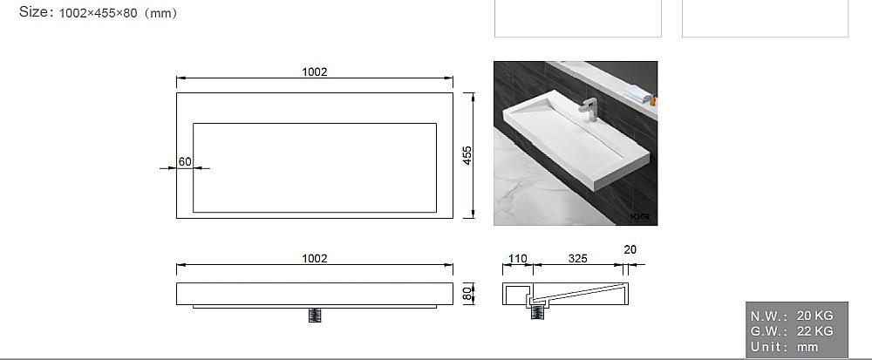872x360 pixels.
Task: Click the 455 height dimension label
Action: coord(467,155)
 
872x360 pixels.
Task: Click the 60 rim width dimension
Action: coord(185,161)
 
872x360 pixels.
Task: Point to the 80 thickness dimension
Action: coord(467,294)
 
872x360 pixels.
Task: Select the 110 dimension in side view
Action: coord(517,259)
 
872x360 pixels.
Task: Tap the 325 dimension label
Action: coord(578,259)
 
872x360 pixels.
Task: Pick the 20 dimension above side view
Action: coord(630,250)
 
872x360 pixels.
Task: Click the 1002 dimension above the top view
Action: coord(315,72)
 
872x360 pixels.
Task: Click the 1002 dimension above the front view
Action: coord(315,259)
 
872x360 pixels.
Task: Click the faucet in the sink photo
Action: coord(589,110)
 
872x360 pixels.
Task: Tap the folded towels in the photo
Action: coord(638,93)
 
